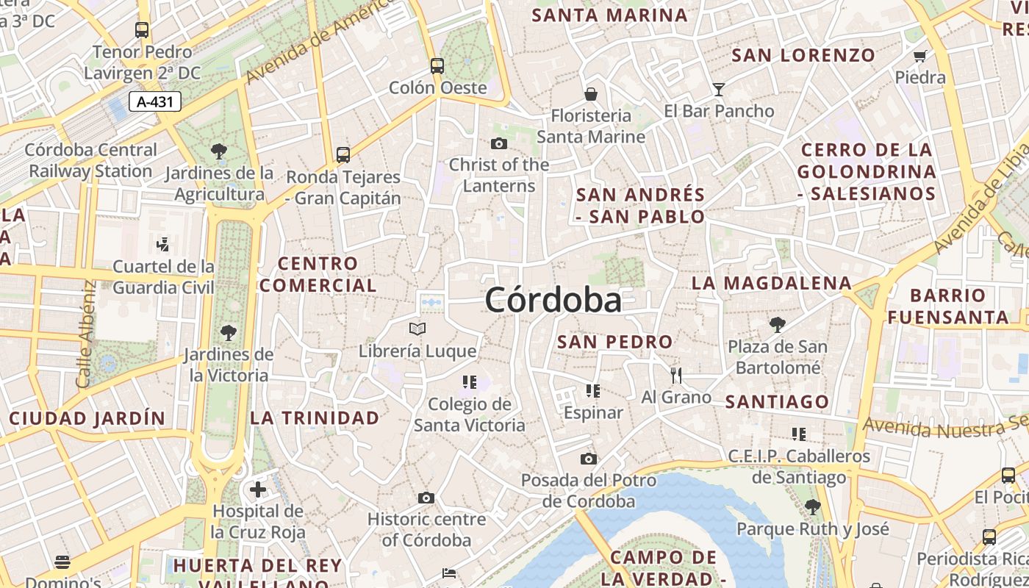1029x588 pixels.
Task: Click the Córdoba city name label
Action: (553, 301)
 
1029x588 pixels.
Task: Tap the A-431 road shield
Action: (155, 101)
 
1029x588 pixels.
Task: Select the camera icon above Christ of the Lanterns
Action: (499, 143)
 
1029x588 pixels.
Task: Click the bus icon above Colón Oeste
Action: (437, 65)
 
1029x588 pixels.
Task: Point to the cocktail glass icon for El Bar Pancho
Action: (719, 90)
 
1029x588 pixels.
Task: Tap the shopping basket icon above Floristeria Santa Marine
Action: (590, 94)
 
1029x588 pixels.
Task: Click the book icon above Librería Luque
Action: (417, 329)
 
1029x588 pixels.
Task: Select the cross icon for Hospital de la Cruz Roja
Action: (257, 489)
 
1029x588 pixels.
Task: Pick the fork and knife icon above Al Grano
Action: (676, 376)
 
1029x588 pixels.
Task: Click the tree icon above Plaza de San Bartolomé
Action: (777, 324)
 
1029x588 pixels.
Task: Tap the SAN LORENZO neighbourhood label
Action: (803, 55)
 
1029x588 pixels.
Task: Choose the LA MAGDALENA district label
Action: (771, 283)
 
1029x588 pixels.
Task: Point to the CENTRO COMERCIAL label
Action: (318, 274)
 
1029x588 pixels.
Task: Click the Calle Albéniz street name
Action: (86, 334)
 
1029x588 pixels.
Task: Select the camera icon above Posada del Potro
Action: (588, 459)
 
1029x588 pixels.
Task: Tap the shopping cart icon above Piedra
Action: (919, 56)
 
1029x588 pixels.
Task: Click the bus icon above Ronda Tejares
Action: (343, 154)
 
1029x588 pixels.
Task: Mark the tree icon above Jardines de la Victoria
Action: (229, 332)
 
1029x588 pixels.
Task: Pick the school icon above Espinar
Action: (592, 391)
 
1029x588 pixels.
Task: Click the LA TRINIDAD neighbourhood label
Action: (315, 418)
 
